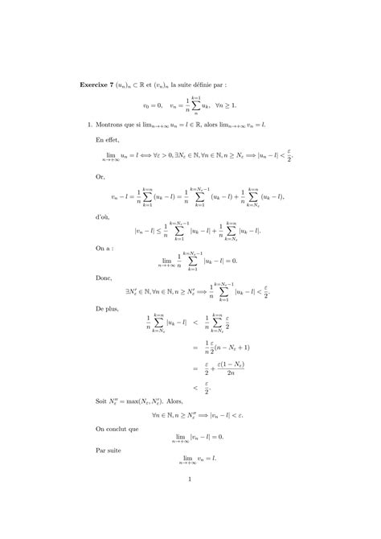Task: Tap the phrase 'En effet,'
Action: tap(107, 139)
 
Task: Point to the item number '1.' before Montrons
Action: tap(89, 125)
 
